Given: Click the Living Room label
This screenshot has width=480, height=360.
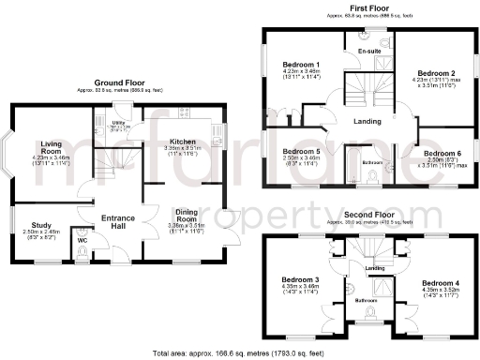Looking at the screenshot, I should click(52, 147).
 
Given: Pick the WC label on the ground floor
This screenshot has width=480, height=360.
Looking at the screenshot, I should click(82, 240).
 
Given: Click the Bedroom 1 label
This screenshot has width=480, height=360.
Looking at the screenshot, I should click(300, 65).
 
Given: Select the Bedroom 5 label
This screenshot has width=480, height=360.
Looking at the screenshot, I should click(301, 151).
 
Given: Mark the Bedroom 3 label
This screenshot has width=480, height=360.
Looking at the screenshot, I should click(301, 280).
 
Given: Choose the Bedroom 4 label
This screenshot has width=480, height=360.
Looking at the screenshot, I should click(441, 282).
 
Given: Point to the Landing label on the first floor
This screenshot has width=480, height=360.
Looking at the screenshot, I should click(367, 122).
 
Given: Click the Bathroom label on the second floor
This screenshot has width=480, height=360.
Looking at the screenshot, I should click(368, 301).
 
